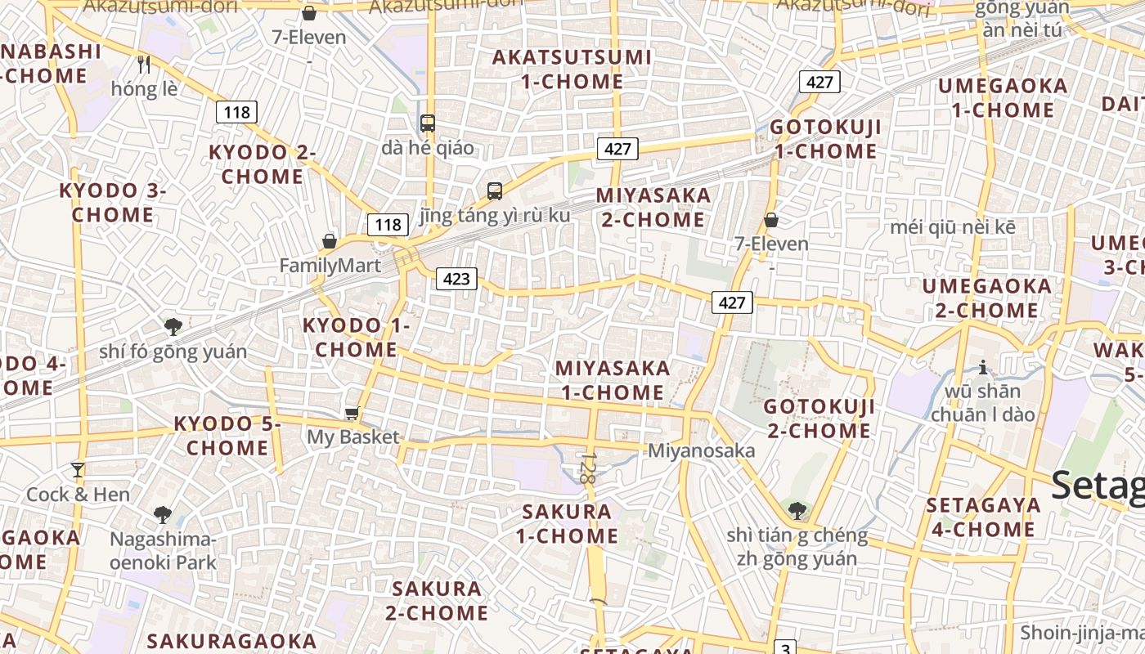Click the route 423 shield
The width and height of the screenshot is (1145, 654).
pyautogui.click(x=456, y=279)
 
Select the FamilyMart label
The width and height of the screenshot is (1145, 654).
pyautogui.click(x=330, y=266)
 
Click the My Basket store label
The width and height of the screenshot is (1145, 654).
pyautogui.click(x=352, y=437)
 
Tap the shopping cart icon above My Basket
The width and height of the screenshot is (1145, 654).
pyautogui.click(x=352, y=414)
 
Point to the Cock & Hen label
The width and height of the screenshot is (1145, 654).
pyautogui.click(x=78, y=495)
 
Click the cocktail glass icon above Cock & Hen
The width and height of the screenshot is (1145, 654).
pyautogui.click(x=78, y=470)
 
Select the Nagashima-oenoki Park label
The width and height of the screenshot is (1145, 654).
pyautogui.click(x=164, y=551)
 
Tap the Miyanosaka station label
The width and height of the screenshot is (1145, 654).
pyautogui.click(x=701, y=450)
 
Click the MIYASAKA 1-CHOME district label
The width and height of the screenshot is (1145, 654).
pyautogui.click(x=613, y=380)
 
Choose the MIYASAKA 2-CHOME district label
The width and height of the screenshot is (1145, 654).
pyautogui.click(x=653, y=208)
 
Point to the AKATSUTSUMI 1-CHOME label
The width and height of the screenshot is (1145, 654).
pyautogui.click(x=572, y=69)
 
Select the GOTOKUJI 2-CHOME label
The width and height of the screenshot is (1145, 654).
pyautogui.click(x=819, y=419)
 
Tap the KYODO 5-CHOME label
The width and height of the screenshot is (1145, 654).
pyautogui.click(x=227, y=436)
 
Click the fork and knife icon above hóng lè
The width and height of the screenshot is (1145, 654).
pyautogui.click(x=145, y=65)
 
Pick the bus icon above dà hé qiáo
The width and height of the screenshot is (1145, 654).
pyautogui.click(x=427, y=123)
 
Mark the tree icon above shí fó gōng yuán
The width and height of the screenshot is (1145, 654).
pyautogui.click(x=173, y=327)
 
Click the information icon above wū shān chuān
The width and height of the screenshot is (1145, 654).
pyautogui.click(x=983, y=367)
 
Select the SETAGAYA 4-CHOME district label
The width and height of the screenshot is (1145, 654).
pyautogui.click(x=983, y=517)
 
